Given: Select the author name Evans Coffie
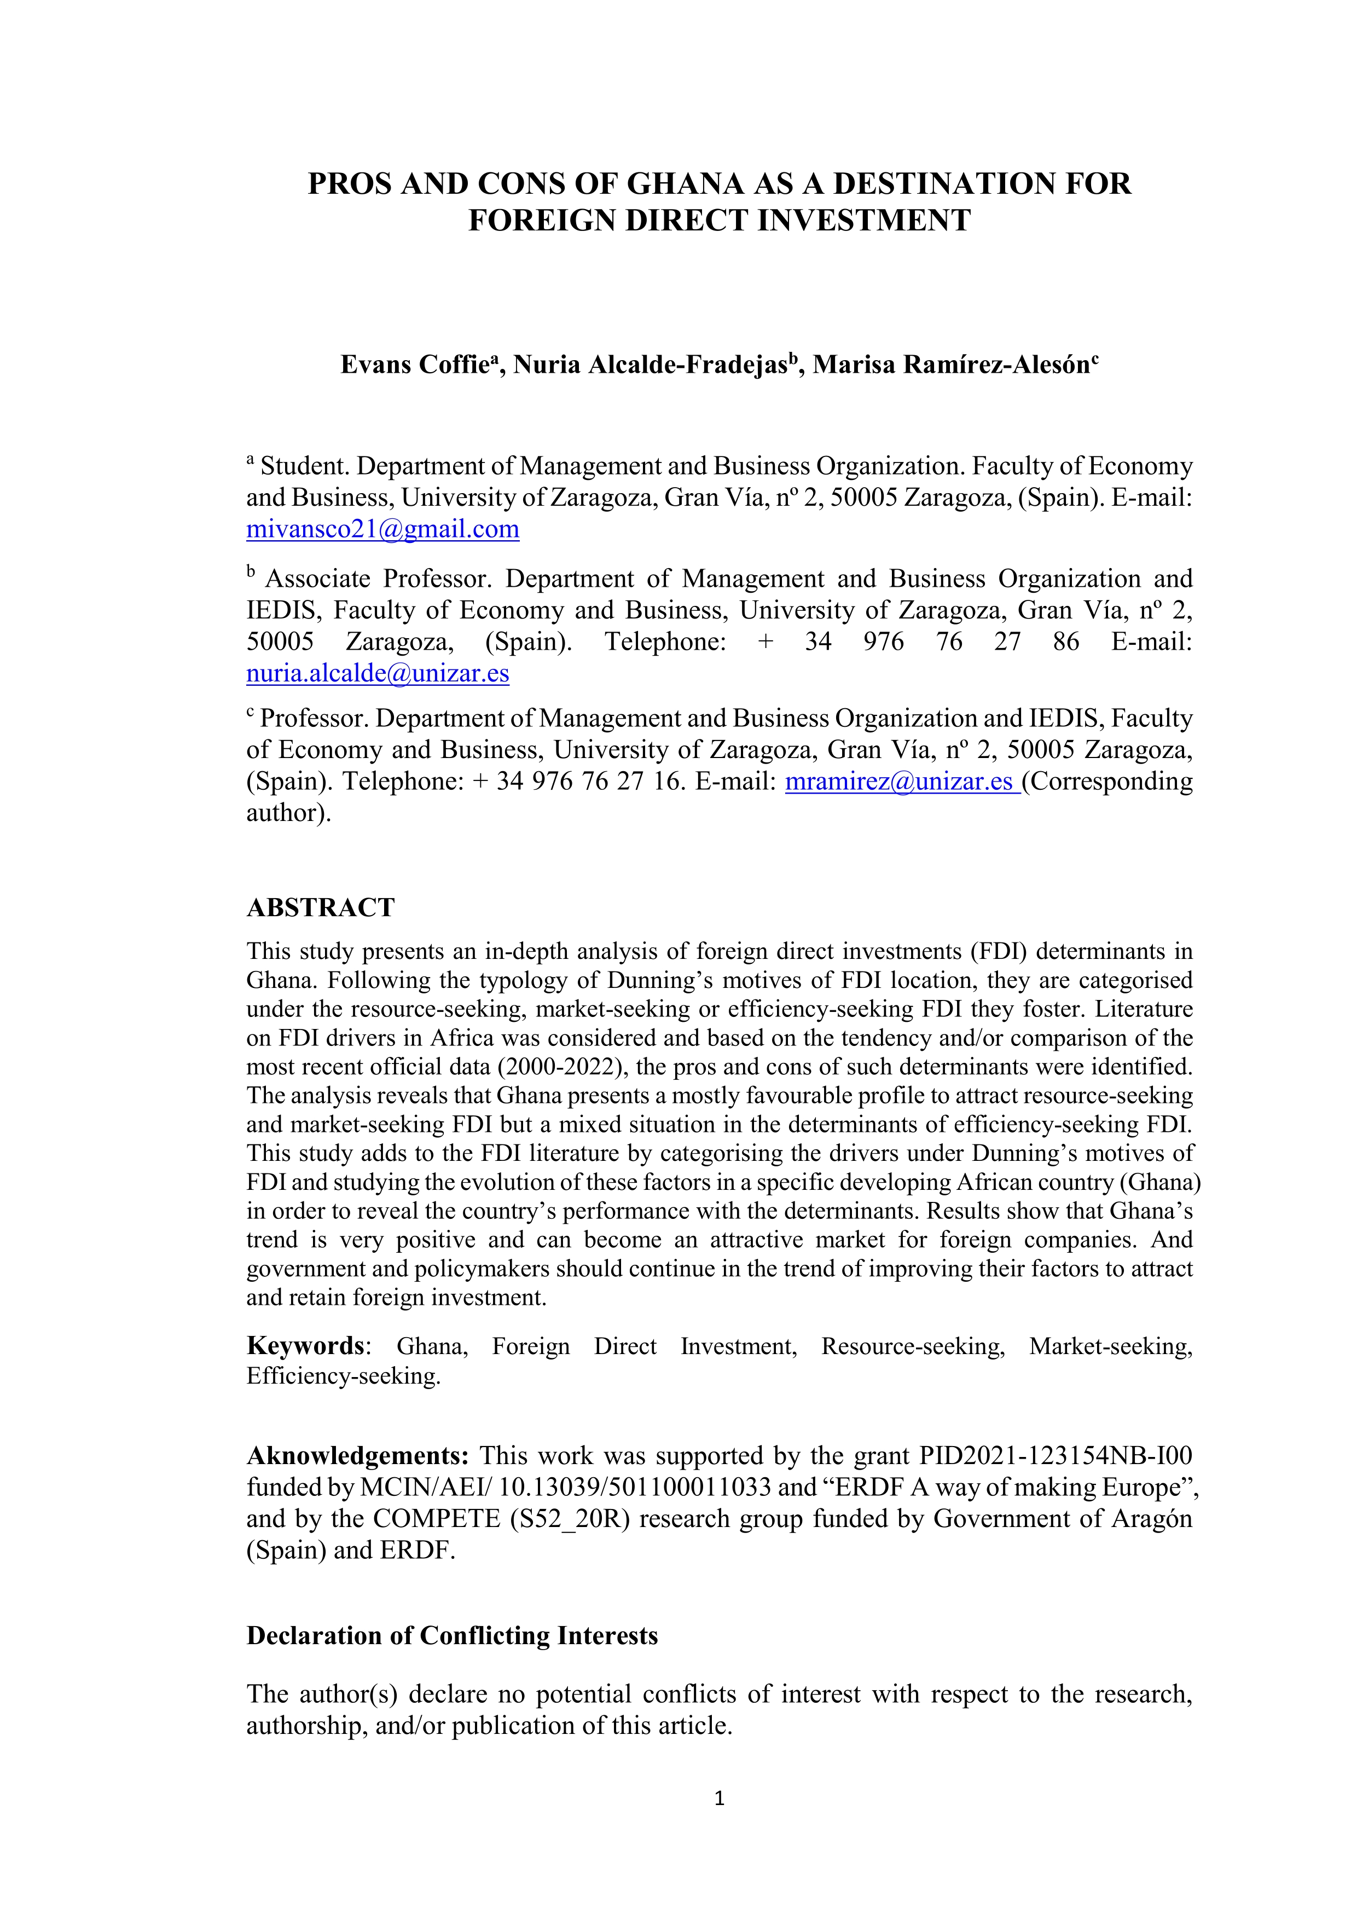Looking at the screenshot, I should click(x=414, y=366).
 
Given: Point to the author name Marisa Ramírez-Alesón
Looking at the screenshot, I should click(x=950, y=366).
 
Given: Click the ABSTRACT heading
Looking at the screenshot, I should click(x=320, y=908).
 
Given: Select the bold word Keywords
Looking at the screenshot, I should click(x=305, y=1346).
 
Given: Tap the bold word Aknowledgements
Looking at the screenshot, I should click(x=357, y=1456).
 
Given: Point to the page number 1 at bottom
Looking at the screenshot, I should click(x=719, y=1798).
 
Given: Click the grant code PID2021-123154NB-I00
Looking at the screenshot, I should click(x=1055, y=1456).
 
